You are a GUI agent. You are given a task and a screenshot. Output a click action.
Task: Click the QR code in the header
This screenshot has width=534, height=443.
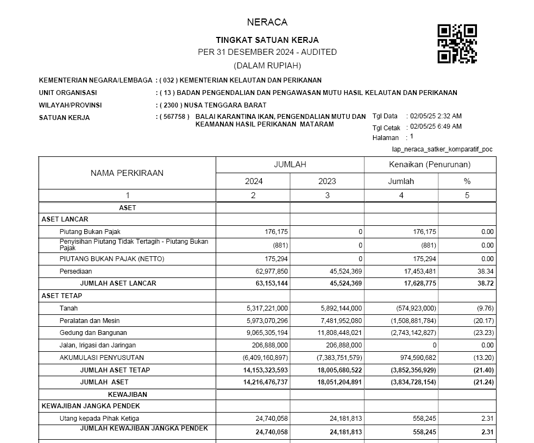click(457, 44)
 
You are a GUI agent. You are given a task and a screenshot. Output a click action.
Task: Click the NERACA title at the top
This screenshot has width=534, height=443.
click(267, 23)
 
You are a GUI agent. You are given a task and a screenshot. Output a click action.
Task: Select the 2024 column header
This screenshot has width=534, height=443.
click(253, 181)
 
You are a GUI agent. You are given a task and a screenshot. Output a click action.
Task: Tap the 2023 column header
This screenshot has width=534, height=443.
click(327, 181)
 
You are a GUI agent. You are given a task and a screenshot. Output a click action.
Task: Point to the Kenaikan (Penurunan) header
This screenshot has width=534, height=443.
click(430, 164)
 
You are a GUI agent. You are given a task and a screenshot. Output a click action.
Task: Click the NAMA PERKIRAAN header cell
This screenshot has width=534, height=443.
click(127, 173)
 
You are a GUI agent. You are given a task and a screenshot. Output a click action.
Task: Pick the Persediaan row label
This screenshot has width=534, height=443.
click(76, 271)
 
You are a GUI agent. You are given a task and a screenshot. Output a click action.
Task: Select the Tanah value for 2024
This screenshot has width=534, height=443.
click(267, 308)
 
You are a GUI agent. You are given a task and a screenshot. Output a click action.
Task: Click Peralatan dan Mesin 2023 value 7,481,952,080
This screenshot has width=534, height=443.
click(341, 321)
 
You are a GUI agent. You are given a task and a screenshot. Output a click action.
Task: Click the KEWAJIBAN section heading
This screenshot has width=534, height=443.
click(127, 395)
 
